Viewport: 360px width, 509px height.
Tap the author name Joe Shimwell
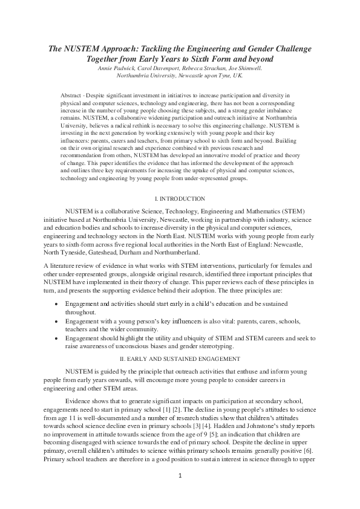[x=246, y=68]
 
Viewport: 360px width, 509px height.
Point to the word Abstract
[x=73, y=96]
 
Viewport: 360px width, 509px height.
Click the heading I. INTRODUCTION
[x=180, y=199]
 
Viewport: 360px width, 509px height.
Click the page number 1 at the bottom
[x=180, y=493]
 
